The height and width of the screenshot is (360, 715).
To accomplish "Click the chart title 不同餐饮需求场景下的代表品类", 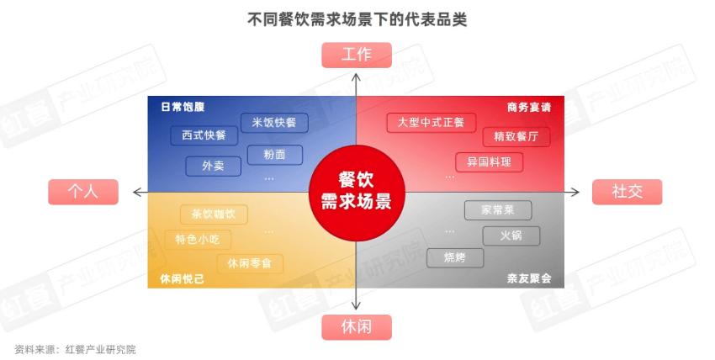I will (x=357, y=19).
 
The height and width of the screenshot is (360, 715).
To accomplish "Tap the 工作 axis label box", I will (x=357, y=56).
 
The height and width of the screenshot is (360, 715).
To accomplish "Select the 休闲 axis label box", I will (x=357, y=326).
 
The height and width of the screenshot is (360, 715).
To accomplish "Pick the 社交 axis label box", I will (x=628, y=192).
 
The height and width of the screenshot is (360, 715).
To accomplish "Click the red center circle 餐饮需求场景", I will (x=357, y=192).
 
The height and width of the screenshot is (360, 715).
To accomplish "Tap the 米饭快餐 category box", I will (x=274, y=123).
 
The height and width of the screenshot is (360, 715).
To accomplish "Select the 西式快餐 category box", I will (x=204, y=135).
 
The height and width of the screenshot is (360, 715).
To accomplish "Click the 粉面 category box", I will (x=274, y=155).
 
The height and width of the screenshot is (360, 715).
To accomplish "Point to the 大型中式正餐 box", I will (x=431, y=123).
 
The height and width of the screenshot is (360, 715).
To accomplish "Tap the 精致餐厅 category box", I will (x=516, y=136).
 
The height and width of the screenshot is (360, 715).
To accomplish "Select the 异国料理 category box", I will (x=489, y=161).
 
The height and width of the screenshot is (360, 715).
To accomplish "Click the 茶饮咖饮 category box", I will (x=214, y=214).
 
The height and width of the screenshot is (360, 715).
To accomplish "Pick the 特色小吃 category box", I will (x=198, y=239).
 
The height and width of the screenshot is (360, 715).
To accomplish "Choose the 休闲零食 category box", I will (x=250, y=263).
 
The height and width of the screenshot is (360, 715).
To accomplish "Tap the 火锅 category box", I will (x=511, y=236).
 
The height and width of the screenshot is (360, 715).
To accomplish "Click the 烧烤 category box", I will (x=455, y=257).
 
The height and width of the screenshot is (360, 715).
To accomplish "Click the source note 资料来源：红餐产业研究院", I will (x=75, y=349).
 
